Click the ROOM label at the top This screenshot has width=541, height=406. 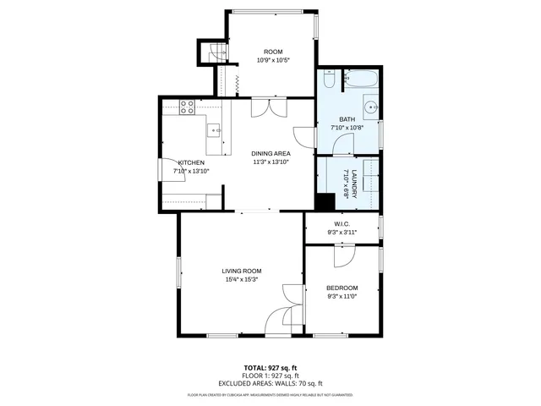tap(272, 52)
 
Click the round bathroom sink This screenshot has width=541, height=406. tap(370, 108)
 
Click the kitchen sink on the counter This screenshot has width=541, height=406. tap(216, 131)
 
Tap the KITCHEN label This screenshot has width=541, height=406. tap(190, 162)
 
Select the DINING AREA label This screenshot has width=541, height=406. tap(270, 153)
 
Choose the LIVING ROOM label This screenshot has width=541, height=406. tap(241, 271)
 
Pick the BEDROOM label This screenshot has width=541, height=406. tap(342, 288)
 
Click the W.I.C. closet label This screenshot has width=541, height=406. tap(342, 224)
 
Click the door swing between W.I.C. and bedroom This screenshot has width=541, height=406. tap(343, 255)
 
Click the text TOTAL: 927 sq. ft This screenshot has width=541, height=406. tap(270, 368)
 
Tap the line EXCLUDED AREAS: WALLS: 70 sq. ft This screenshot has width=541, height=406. tap(270, 383)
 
